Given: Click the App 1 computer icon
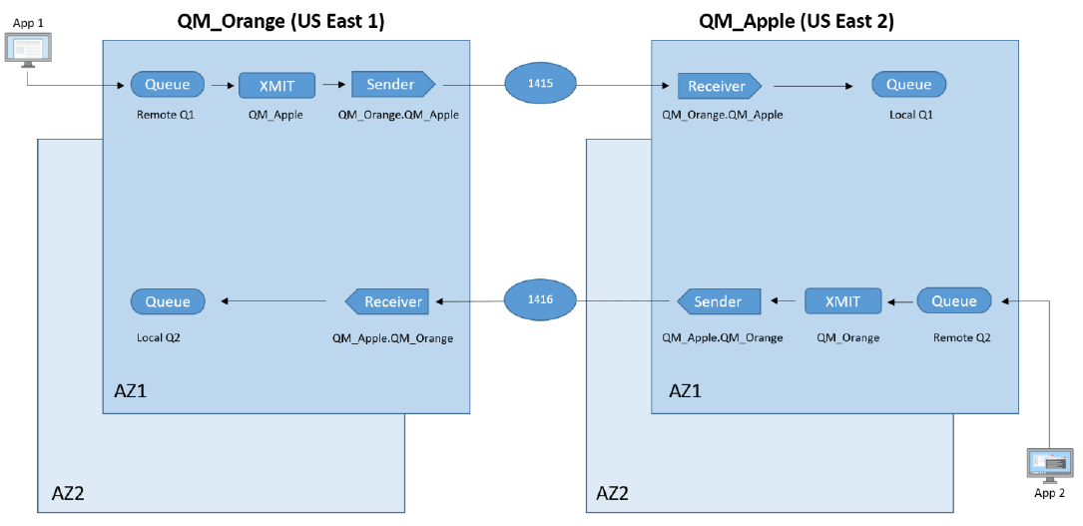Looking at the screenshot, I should click(28, 50).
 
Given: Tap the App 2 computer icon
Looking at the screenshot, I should click(1050, 465).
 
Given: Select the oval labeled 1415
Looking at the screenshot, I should click(541, 86).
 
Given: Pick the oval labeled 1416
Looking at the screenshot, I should click(541, 299).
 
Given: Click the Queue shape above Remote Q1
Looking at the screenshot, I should click(168, 85).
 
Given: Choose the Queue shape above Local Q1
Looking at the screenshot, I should click(908, 85).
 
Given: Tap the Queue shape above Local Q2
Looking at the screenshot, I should click(168, 301).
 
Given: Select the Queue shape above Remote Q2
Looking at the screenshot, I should click(953, 301).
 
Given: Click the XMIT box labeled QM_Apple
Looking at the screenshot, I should click(276, 86).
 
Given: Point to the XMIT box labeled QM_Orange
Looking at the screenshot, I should click(843, 301).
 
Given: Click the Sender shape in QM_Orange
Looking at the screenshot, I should click(393, 85).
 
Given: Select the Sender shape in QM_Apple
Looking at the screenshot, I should click(718, 301).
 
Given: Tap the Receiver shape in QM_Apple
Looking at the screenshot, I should click(719, 86).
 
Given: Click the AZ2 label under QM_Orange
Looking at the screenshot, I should click(70, 493).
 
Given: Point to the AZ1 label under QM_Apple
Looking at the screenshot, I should click(685, 390).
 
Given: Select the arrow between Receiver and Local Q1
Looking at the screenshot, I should click(812, 86).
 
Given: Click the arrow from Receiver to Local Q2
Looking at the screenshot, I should click(274, 301).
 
